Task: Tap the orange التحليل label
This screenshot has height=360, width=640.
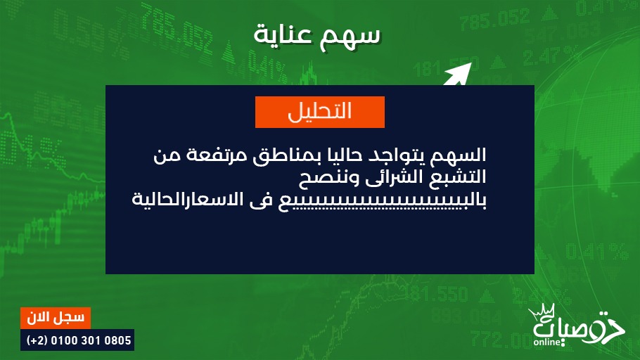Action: [319, 112]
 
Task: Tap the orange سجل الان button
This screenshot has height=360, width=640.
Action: [56, 318]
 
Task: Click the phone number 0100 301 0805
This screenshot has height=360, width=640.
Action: [91, 340]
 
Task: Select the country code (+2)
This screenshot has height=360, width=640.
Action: [37, 340]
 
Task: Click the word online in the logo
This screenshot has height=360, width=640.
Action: [547, 342]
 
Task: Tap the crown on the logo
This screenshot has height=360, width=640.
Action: [542, 312]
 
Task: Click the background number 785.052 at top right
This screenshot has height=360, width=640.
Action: [494, 21]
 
